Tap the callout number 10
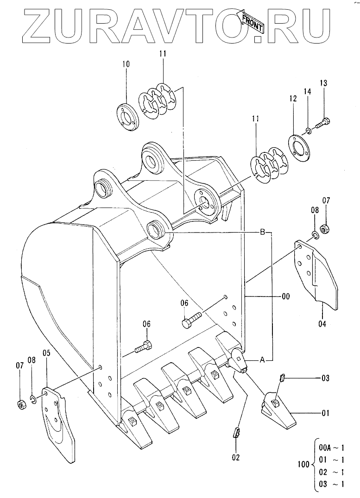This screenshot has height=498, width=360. (x=126, y=64)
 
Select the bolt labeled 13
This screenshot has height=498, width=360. (x=322, y=123)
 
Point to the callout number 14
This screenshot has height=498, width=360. (x=307, y=92)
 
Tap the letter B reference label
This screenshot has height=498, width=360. (x=262, y=232)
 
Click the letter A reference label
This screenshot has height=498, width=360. (x=262, y=359)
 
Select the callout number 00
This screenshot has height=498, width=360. (x=286, y=296)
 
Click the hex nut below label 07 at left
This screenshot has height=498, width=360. (x=22, y=404)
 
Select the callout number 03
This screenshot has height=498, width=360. (x=325, y=378)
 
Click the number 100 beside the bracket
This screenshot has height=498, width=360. (x=303, y=464)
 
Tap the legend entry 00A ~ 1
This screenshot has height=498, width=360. (x=331, y=448)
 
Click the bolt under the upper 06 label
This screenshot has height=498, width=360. (x=192, y=320)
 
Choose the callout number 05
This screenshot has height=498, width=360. (x=47, y=353)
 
